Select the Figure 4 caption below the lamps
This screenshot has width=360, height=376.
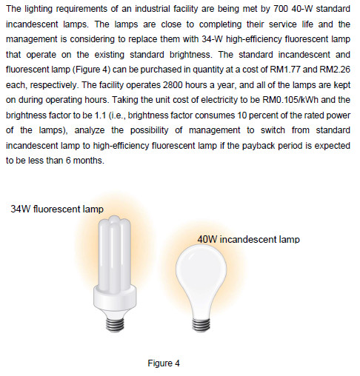pos(164,363)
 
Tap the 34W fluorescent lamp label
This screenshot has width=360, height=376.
pos(57,209)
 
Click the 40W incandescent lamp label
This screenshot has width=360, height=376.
pos(248,239)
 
